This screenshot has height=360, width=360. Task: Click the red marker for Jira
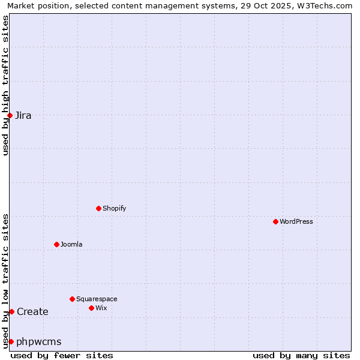tap(10, 115)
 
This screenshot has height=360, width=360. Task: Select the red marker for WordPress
tap(275, 221)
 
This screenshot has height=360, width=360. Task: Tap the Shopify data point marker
tap(98, 208)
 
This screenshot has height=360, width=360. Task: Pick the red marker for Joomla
tap(56, 244)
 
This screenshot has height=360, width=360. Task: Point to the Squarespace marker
tap(72, 299)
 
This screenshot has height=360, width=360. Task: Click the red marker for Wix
tap(91, 308)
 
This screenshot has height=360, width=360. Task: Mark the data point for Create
tap(11, 311)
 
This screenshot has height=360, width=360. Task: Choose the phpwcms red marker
tap(11, 341)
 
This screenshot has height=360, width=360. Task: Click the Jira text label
tap(23, 116)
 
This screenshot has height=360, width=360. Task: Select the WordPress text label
tap(296, 221)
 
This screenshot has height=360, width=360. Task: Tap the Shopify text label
tap(114, 208)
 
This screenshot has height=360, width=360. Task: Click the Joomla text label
tap(71, 244)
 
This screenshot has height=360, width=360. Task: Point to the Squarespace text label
tap(97, 299)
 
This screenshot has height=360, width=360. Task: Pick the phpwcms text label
tap(39, 342)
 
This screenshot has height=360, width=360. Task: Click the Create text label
tap(32, 312)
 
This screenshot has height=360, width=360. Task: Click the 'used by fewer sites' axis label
tap(62, 355)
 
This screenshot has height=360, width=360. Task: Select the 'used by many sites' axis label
tap(301, 355)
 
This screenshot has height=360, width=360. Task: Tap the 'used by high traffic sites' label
tap(5, 85)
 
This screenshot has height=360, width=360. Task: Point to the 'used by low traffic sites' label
tap(5, 281)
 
